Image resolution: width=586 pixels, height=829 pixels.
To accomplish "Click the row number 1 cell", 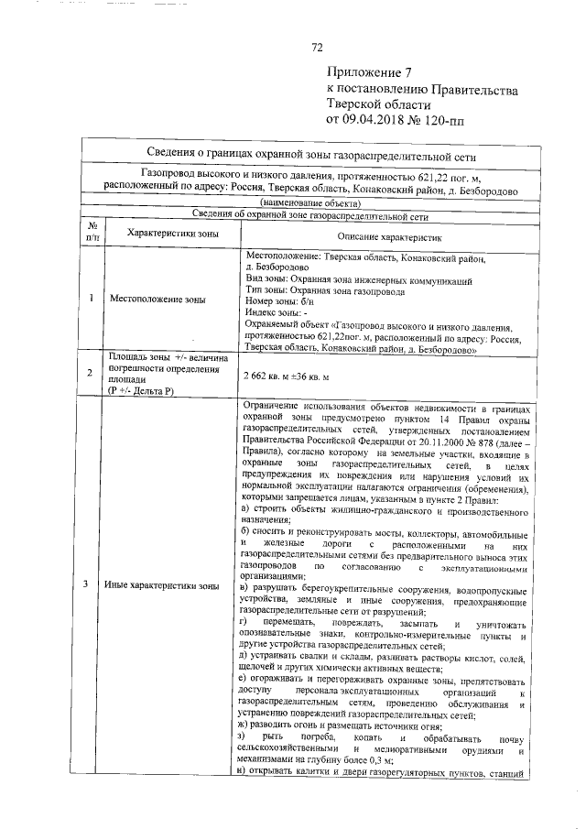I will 92,299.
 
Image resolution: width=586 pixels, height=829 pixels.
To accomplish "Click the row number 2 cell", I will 92,373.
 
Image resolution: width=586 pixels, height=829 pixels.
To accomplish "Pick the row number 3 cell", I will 92,584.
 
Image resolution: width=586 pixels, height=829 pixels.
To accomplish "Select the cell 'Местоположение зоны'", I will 157,299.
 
